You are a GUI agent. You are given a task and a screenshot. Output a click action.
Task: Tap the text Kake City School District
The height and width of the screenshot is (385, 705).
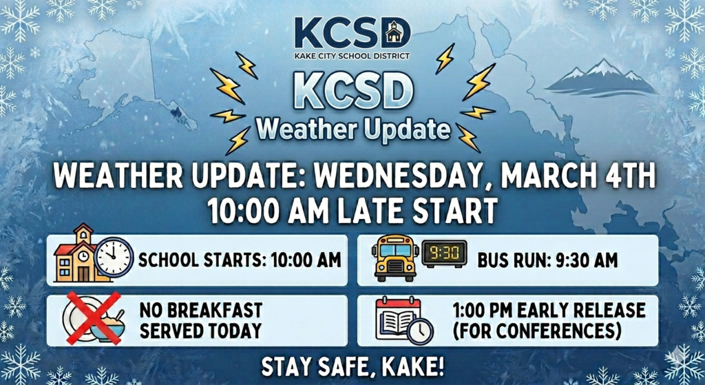pyautogui.click(x=352, y=55)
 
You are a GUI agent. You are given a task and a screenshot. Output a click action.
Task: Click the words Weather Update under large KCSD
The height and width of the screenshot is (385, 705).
pyautogui.click(x=353, y=129)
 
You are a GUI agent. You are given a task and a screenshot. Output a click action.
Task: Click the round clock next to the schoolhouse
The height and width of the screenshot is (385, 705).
pyautogui.click(x=114, y=258)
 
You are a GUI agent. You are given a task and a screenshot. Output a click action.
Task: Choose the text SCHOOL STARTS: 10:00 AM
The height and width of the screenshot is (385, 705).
pyautogui.click(x=240, y=260)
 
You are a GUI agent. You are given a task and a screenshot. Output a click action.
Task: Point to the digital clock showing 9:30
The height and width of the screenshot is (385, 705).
pyautogui.click(x=443, y=254)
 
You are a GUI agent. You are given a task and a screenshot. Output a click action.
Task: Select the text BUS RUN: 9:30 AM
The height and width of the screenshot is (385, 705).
pyautogui.click(x=547, y=260)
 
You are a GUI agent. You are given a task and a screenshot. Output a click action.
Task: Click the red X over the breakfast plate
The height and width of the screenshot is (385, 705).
pyautogui.click(x=93, y=317)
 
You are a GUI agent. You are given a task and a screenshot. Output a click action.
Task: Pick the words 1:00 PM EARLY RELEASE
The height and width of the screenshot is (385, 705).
pyautogui.click(x=549, y=309)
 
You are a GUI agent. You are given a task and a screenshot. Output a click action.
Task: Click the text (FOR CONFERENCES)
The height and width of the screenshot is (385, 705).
pyautogui.click(x=537, y=331)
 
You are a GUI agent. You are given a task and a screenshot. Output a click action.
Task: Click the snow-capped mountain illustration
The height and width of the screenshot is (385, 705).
pyautogui.click(x=600, y=78)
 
